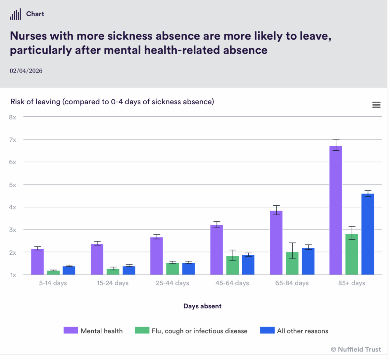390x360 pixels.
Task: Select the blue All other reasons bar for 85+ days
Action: tap(368, 234)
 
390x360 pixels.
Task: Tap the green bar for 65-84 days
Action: tap(292, 264)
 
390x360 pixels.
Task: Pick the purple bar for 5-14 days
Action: tap(37, 262)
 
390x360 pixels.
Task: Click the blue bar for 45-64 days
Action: tap(248, 265)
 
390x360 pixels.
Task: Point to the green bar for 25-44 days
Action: tap(173, 269)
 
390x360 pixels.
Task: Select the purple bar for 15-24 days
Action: tap(97, 259)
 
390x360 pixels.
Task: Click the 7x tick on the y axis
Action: tap(13, 140)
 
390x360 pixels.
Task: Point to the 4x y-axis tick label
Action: tap(13, 207)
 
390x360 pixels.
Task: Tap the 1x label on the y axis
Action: tap(13, 275)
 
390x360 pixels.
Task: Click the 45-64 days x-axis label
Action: tap(232, 283)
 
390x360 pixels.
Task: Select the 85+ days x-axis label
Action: tap(351, 283)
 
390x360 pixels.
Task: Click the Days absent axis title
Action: tap(202, 306)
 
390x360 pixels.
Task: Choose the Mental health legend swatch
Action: tap(71, 330)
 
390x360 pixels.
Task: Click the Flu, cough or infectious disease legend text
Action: tap(200, 331)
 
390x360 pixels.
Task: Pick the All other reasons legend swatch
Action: tap(267, 330)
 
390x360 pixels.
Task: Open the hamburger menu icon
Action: tap(376, 105)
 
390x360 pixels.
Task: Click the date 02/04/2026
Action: tap(26, 71)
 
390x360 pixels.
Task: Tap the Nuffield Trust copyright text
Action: tap(356, 349)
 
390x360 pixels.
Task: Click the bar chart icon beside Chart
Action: tap(15, 15)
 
